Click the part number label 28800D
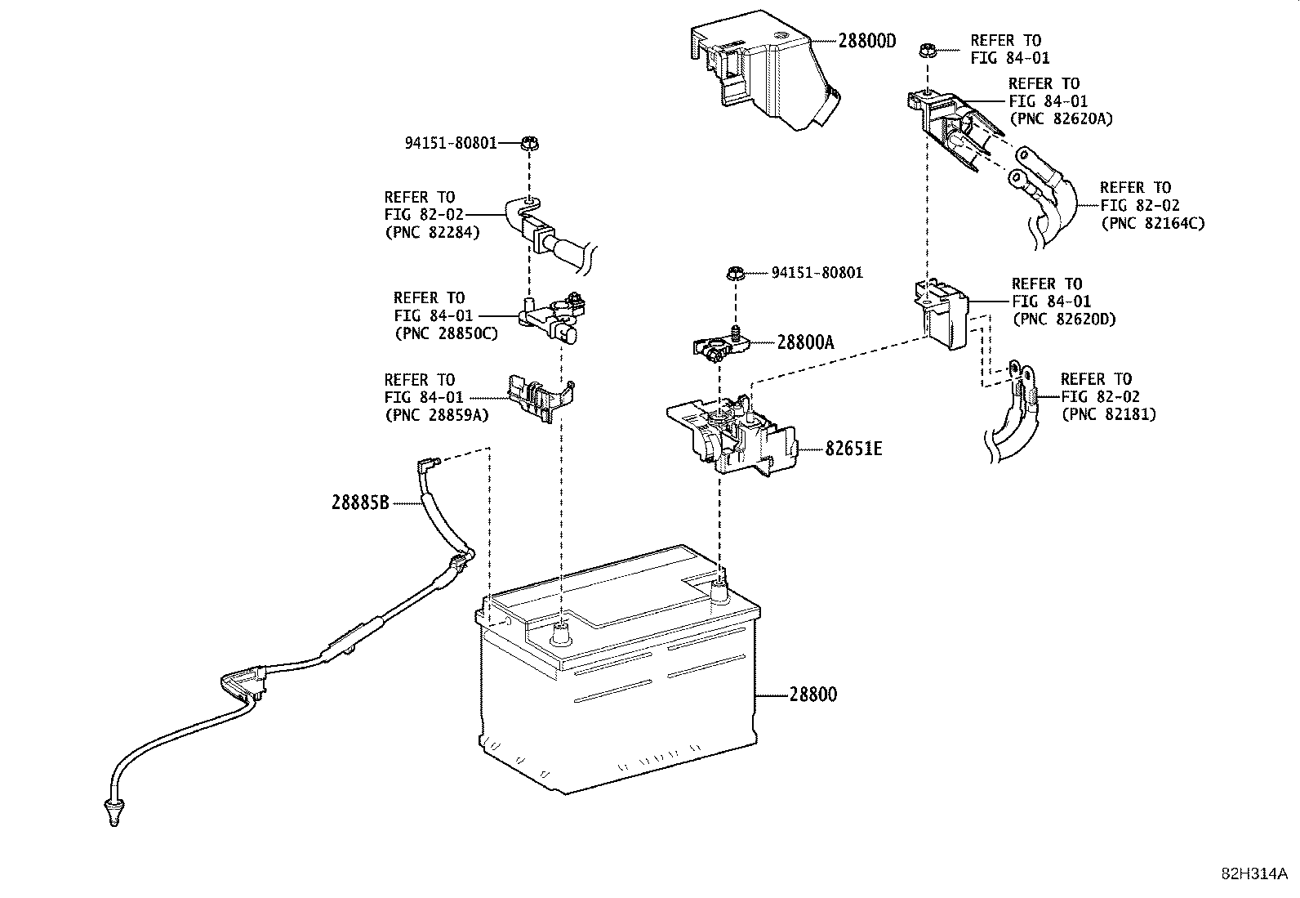point(866,41)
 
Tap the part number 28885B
point(360,503)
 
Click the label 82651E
point(853,449)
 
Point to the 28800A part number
point(805,343)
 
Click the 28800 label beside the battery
point(812,695)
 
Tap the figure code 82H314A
point(1253,873)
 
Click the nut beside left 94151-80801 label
point(528,144)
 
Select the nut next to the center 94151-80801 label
point(734,273)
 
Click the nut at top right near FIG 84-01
point(926,50)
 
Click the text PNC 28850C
point(445,333)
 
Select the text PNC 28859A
point(436,414)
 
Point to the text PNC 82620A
point(1061,118)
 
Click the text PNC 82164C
point(1151,222)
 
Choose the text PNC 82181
point(1108,414)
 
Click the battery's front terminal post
point(562,632)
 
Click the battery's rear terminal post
point(718,591)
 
